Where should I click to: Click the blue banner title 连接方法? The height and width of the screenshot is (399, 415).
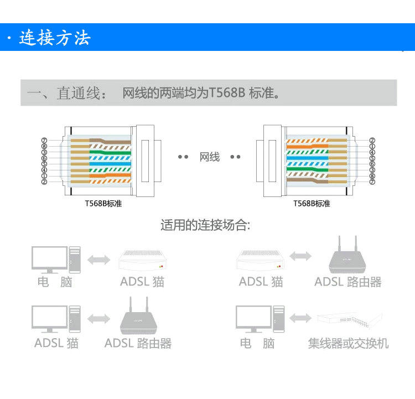[54, 38]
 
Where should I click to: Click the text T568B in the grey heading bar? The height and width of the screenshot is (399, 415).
[227, 93]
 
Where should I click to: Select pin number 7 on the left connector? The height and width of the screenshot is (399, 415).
[44, 141]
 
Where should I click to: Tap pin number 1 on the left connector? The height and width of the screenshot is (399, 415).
[44, 176]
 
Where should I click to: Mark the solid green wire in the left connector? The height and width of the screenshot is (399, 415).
[100, 152]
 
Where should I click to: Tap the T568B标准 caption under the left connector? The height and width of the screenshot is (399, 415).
[103, 204]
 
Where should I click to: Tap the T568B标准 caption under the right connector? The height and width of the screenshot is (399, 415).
[312, 204]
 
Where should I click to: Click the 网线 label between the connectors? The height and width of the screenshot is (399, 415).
[210, 158]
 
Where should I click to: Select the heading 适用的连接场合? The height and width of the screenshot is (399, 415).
[205, 225]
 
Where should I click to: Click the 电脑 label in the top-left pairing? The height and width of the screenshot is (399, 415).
[55, 282]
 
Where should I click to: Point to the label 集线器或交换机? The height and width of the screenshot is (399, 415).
[348, 344]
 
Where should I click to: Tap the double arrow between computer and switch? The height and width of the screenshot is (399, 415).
[300, 318]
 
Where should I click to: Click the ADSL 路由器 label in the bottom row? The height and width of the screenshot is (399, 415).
[138, 344]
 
